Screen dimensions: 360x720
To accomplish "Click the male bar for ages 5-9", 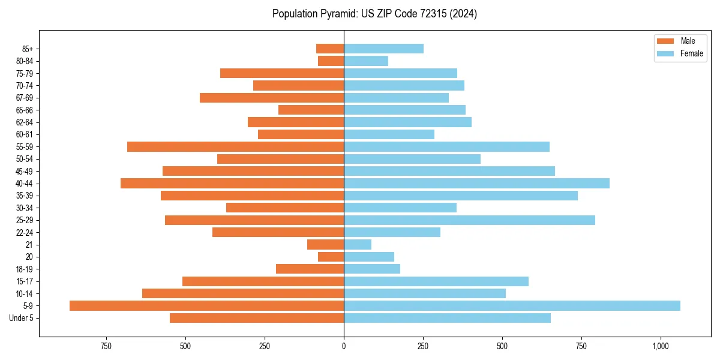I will [x=206, y=305].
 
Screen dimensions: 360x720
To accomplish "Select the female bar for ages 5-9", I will [x=512, y=305].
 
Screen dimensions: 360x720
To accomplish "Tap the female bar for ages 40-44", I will [x=476, y=183].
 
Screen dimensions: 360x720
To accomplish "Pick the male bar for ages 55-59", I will [x=235, y=146].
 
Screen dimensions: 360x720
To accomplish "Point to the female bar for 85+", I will [x=383, y=49].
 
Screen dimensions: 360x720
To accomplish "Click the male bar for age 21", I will [x=325, y=244].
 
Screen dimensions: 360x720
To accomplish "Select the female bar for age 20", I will [x=369, y=257].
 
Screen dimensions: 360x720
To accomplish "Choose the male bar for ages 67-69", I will [x=272, y=97].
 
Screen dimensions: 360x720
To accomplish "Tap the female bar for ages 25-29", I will [x=469, y=220].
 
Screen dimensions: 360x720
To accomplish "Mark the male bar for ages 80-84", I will [x=331, y=61].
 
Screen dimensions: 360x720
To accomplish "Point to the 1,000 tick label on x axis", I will [x=661, y=346].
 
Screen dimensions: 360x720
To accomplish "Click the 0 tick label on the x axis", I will [x=344, y=346].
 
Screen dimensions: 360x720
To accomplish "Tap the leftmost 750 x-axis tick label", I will [x=106, y=346].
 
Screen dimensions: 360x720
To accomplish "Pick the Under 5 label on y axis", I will [x=22, y=318].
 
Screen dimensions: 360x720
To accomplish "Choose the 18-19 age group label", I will [x=25, y=269].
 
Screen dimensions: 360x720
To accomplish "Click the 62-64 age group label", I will [x=25, y=122].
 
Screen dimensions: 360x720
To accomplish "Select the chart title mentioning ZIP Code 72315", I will [x=374, y=14].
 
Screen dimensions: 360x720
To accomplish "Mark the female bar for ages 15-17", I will [x=436, y=281].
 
